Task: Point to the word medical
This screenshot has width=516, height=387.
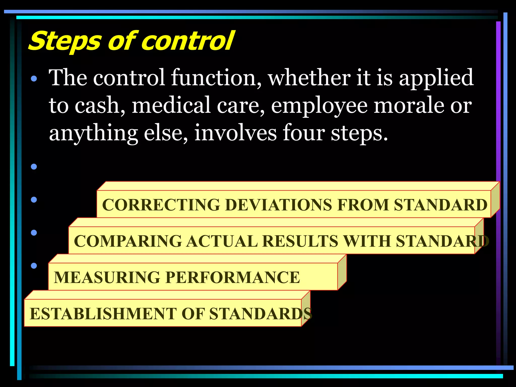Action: click(x=171, y=105)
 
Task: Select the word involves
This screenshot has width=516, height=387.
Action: click(x=236, y=133)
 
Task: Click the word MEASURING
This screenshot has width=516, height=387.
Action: click(x=107, y=277)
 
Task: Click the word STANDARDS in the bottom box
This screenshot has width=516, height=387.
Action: click(x=261, y=314)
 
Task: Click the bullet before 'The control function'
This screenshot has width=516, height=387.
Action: click(x=34, y=79)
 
